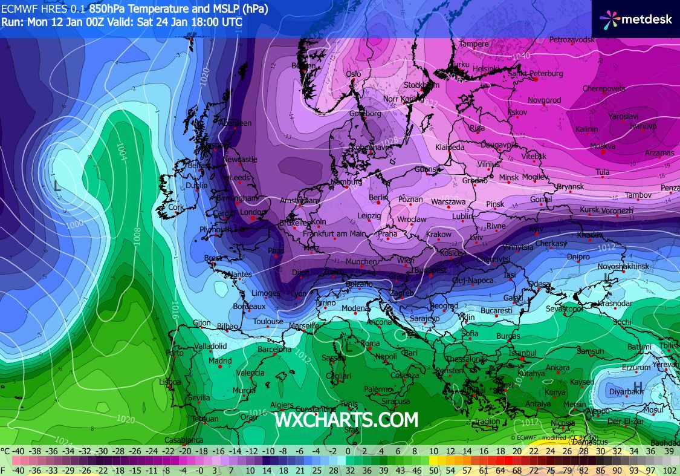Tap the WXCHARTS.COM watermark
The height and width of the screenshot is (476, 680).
(x=346, y=419)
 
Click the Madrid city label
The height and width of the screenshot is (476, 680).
(x=220, y=361)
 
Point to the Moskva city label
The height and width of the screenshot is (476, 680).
(x=603, y=146)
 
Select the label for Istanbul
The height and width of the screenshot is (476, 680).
(x=523, y=353)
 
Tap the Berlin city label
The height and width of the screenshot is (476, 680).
(x=378, y=198)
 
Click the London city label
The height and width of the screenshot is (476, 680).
(x=253, y=212)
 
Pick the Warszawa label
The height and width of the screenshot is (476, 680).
(x=449, y=201)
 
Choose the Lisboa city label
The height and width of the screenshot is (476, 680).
(x=170, y=382)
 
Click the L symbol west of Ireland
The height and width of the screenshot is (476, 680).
(x=57, y=186)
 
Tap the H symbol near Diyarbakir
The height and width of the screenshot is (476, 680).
(x=638, y=386)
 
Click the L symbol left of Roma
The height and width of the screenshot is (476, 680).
(x=348, y=347)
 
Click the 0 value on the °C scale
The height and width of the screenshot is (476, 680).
(x=348, y=451)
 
